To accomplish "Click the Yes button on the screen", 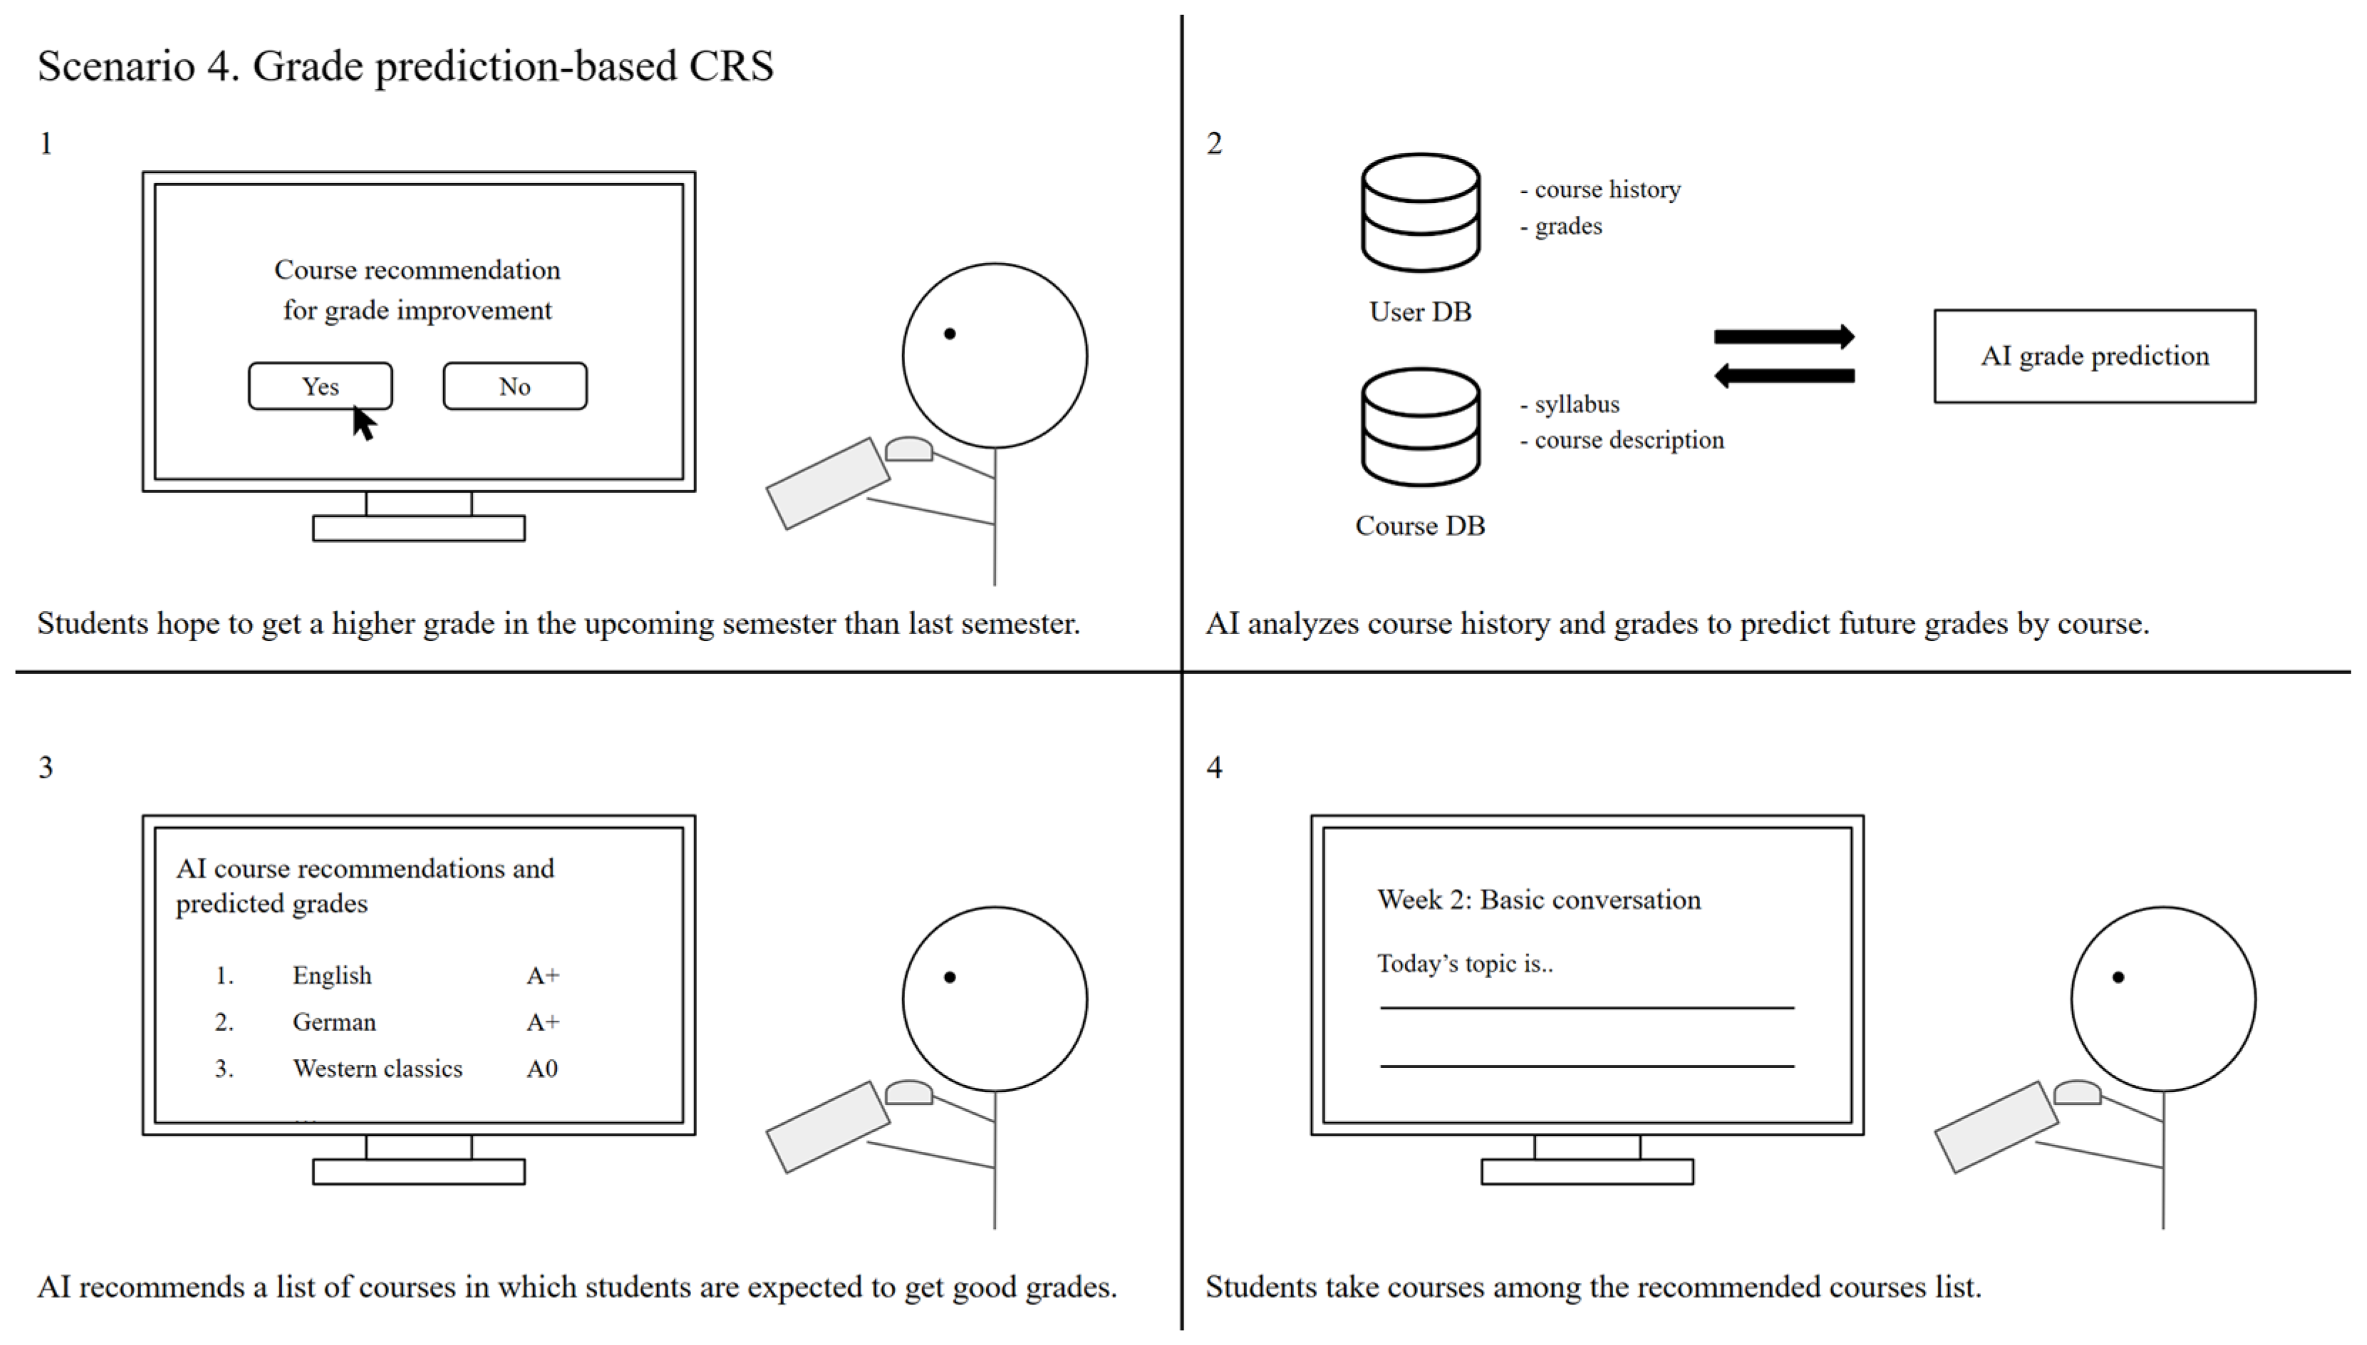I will coord(320,385).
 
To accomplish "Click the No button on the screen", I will coord(514,385).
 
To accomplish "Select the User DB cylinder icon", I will coord(1420,212).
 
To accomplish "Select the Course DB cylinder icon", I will coord(1420,427).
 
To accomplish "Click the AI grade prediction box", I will coord(2093,355).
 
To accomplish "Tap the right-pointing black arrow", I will coord(1783,337).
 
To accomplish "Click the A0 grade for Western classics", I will coord(542,1069).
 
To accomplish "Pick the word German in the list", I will coord(334,1022).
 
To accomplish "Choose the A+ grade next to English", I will coord(543,975).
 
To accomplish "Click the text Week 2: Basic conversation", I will coord(1538,900).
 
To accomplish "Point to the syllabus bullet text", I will coord(1576,404).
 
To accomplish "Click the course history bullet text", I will coord(1607,189).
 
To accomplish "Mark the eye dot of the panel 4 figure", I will coord(2118,977).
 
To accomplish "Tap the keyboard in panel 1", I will coord(828,483).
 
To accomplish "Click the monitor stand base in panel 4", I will coord(1586,1171).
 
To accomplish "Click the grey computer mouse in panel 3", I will coord(908,1094).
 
